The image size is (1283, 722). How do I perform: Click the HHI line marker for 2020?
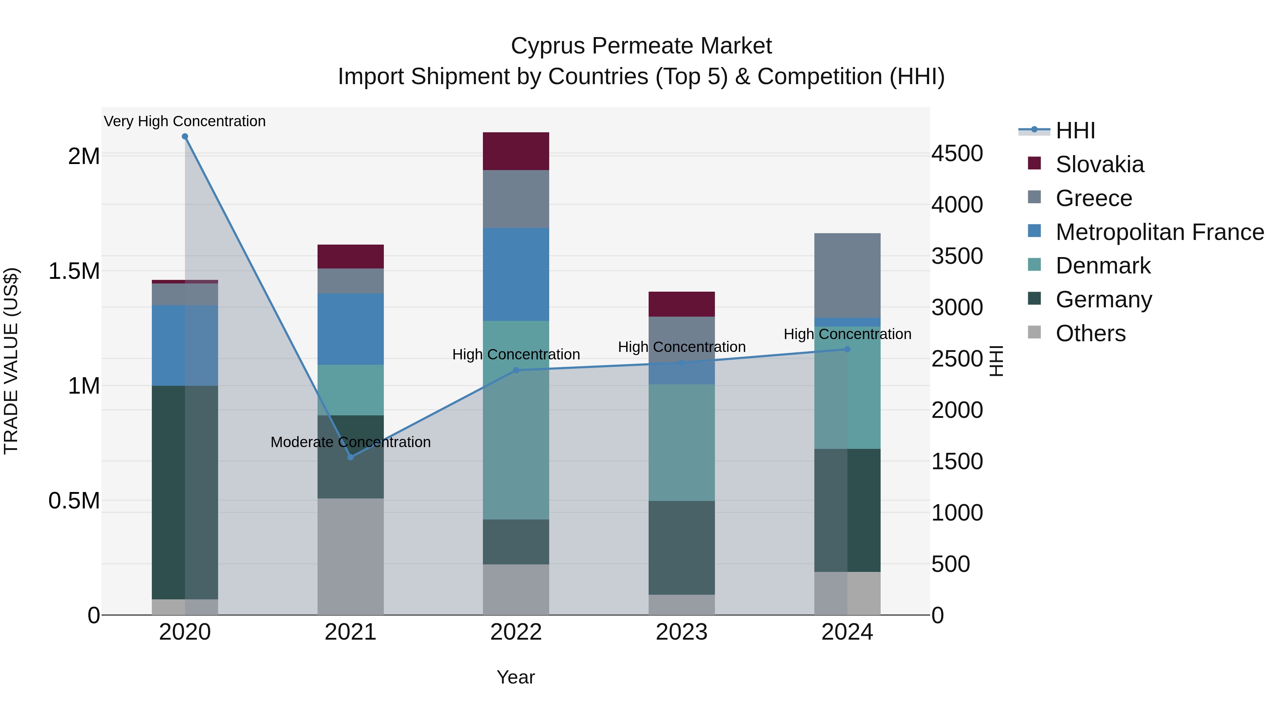click(185, 137)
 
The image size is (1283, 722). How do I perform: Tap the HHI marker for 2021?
click(351, 457)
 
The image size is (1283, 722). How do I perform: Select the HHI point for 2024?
click(847, 349)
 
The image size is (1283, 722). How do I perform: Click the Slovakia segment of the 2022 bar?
click(516, 152)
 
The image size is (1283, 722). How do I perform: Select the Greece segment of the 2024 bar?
click(847, 276)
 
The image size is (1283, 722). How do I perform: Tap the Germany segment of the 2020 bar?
click(185, 492)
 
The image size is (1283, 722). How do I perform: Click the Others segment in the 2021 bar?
click(351, 557)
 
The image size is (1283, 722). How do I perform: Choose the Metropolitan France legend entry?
click(1145, 232)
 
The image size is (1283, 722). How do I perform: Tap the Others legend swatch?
click(1034, 332)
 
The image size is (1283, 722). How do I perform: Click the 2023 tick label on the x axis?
click(681, 632)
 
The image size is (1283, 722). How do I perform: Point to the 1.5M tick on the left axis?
click(74, 272)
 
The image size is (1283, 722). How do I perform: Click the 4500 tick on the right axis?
click(957, 153)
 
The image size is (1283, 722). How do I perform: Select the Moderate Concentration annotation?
click(351, 442)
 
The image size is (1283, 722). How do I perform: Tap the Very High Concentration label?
click(185, 121)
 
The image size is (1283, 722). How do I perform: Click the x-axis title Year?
click(516, 677)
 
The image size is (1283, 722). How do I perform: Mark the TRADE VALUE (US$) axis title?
click(11, 361)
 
